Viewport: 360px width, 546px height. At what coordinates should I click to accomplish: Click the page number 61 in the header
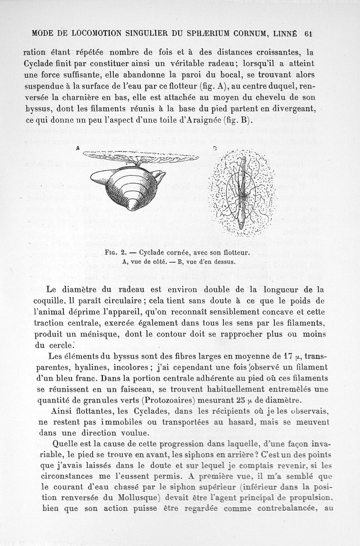coord(308,33)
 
